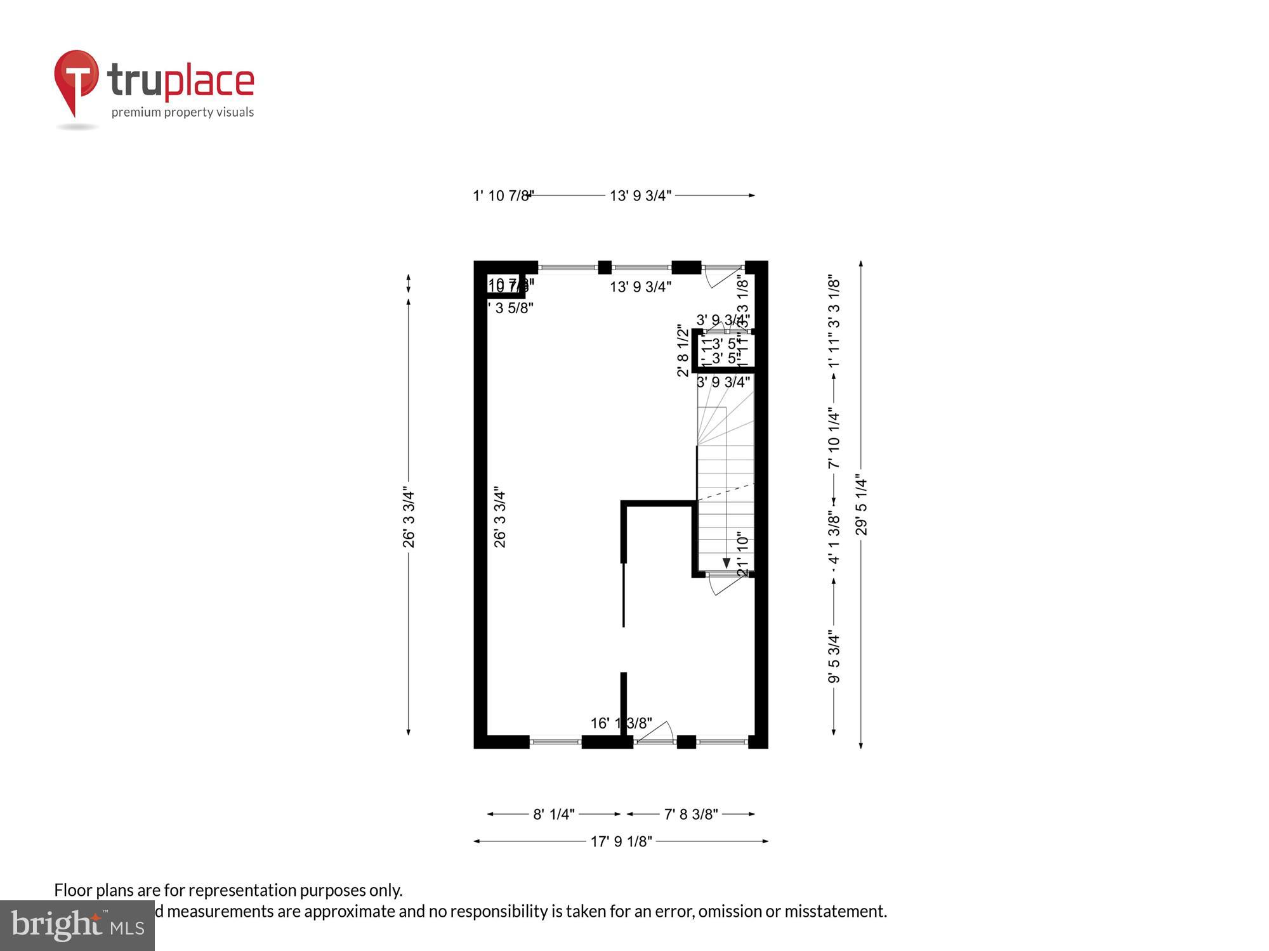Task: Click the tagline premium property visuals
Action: point(183,113)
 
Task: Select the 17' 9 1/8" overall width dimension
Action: point(621,841)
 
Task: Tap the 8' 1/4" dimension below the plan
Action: point(554,814)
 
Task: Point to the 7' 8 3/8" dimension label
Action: point(690,814)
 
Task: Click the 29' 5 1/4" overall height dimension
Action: point(861,505)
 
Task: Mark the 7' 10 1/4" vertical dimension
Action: point(834,440)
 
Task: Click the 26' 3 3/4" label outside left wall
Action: point(409,519)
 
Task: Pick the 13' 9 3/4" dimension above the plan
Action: point(640,195)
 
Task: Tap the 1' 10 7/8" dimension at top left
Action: point(503,195)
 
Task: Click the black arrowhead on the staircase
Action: point(727,563)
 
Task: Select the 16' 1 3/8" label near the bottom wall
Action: point(621,723)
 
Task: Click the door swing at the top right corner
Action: point(722,276)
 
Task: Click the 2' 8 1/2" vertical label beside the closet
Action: point(683,351)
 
